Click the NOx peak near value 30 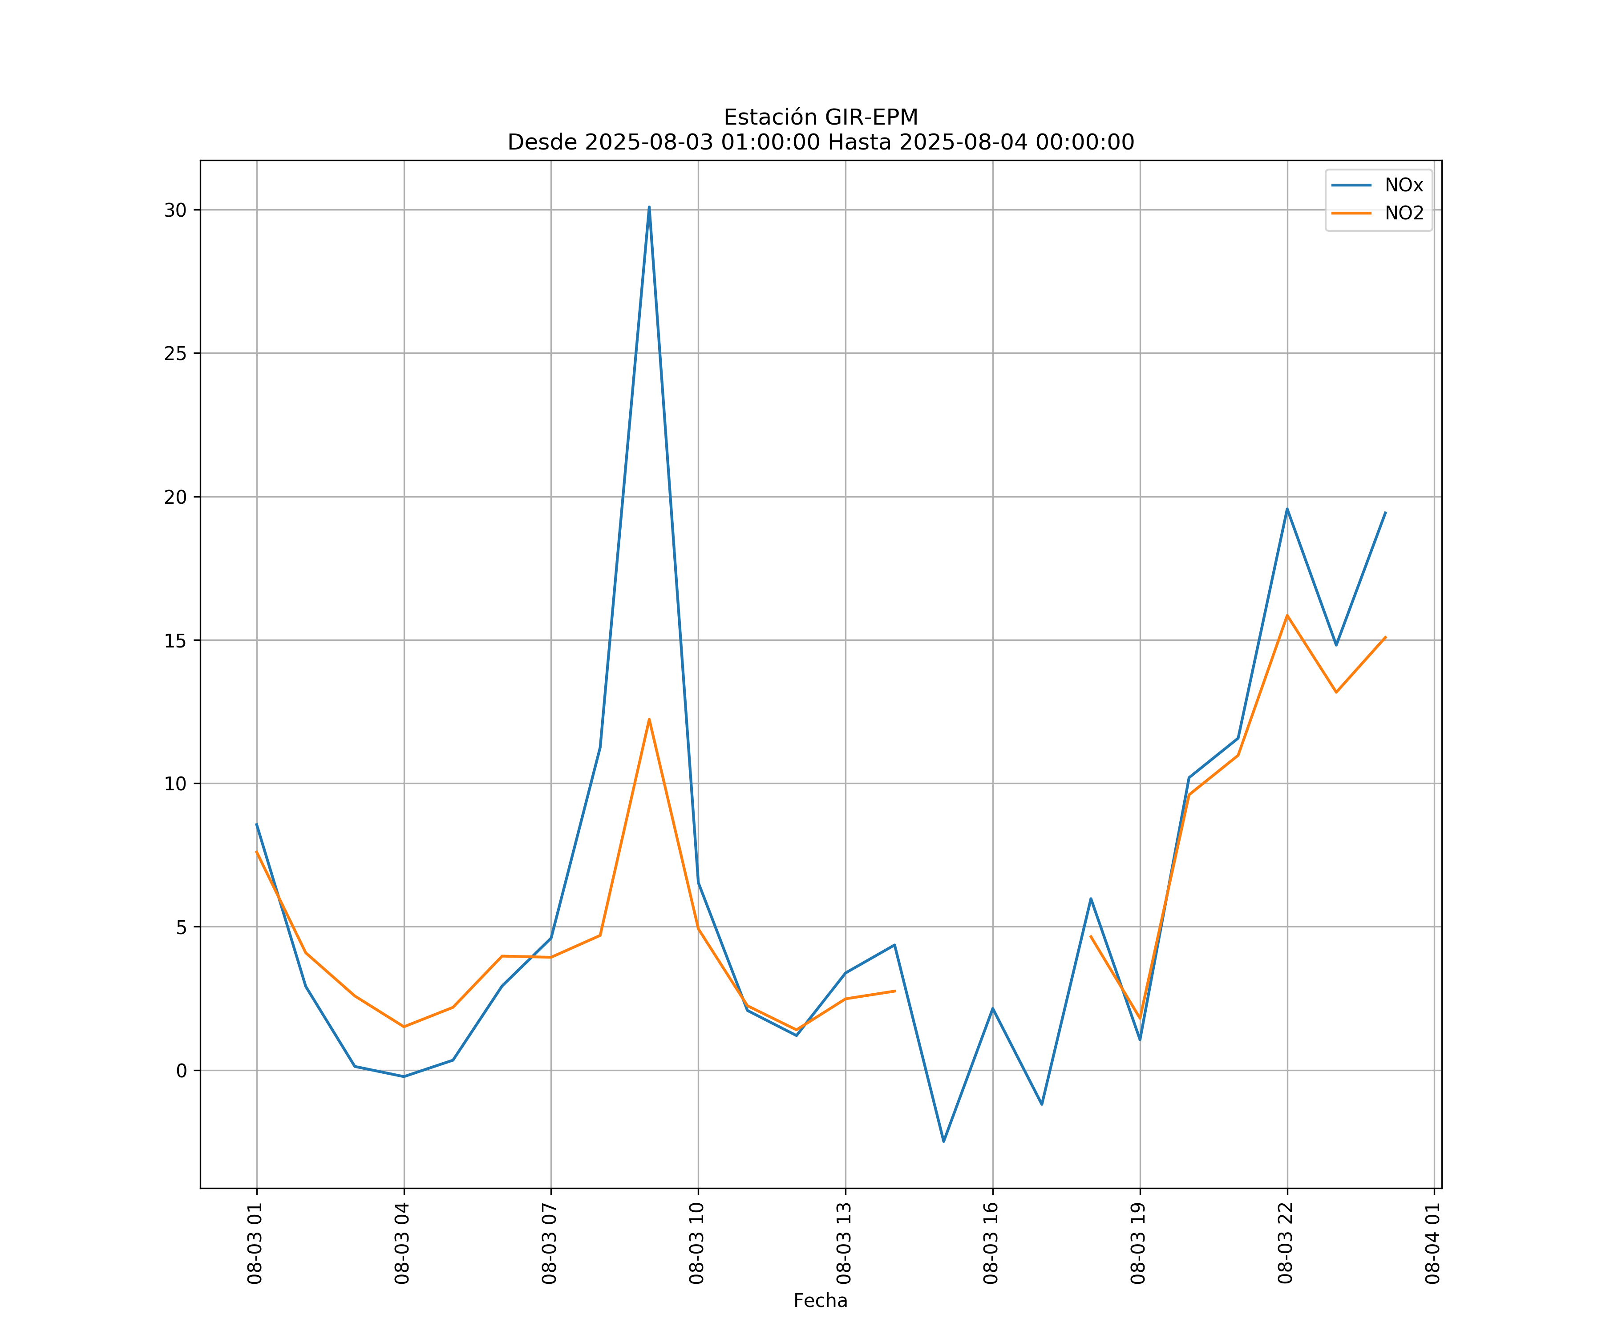click(649, 207)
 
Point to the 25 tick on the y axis click(175, 354)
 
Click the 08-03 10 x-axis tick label click(696, 1243)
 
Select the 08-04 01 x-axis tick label click(1432, 1243)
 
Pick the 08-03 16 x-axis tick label click(991, 1243)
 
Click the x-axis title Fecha click(820, 1301)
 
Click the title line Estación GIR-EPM click(820, 117)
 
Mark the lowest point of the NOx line click(944, 1141)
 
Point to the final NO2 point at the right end click(1385, 637)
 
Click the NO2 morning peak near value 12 click(649, 720)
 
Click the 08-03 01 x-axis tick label click(255, 1243)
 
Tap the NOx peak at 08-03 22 click(1287, 509)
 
